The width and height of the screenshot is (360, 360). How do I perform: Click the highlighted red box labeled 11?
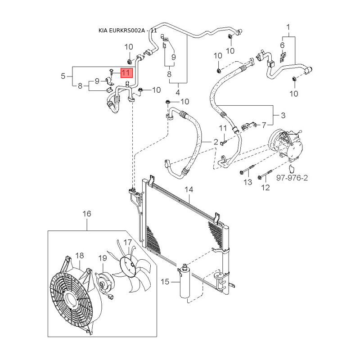125,72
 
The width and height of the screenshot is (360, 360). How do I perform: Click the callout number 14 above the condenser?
189,189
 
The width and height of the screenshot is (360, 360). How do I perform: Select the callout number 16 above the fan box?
87,213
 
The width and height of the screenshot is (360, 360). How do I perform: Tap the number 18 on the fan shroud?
80,256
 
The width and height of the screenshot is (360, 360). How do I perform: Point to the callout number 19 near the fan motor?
102,258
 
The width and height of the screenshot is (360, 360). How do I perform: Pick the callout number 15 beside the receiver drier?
165,282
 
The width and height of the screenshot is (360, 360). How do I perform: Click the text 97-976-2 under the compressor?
292,179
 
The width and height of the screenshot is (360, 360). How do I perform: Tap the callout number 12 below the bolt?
265,188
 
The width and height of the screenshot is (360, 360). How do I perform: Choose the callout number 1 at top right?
288,27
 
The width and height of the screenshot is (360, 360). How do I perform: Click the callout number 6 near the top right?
283,45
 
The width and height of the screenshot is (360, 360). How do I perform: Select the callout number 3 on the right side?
283,116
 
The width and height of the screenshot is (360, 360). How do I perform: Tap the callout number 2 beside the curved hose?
216,142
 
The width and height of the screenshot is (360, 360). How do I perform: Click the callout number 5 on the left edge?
63,76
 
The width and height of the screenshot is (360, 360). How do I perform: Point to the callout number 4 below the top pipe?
177,92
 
